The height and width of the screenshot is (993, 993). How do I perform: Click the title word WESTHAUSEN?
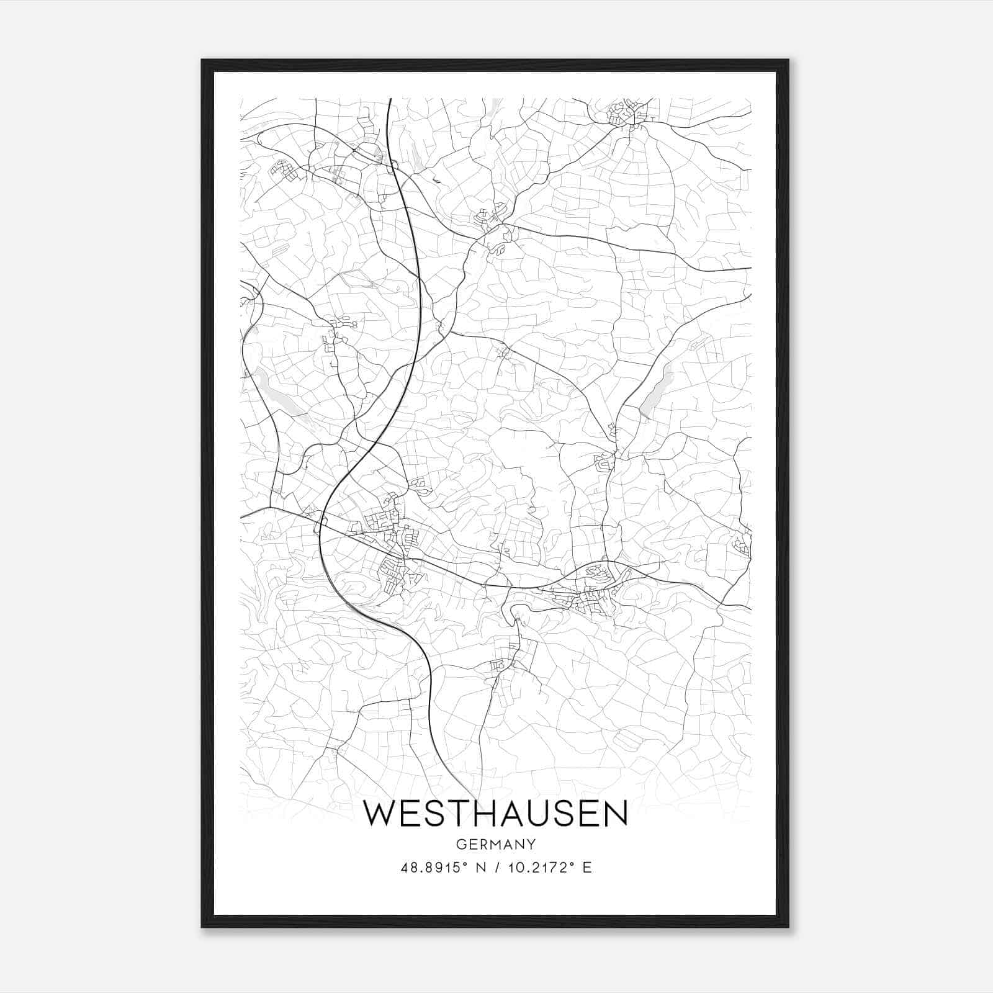pyautogui.click(x=495, y=814)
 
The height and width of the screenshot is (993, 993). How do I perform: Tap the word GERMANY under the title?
pyautogui.click(x=495, y=844)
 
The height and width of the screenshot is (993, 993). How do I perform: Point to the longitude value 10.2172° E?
pyautogui.click(x=550, y=868)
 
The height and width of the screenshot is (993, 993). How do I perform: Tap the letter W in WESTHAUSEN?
pyautogui.click(x=379, y=814)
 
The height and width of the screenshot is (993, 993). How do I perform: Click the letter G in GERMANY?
pyautogui.click(x=461, y=844)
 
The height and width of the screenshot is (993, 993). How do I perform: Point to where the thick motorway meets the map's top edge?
pyautogui.click(x=389, y=99)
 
